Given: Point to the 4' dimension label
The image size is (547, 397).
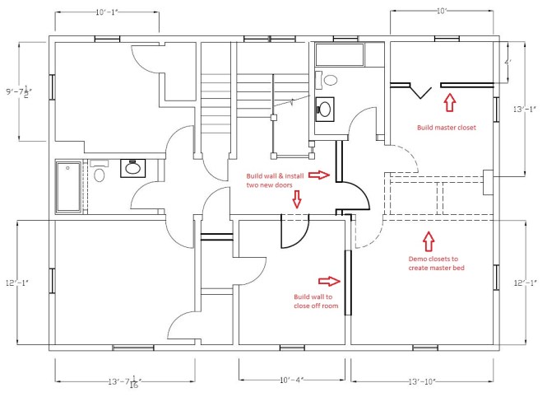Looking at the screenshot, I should (x=508, y=62).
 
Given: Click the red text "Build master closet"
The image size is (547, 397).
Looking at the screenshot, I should (x=447, y=128).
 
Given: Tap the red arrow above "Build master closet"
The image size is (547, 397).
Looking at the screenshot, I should (x=448, y=102).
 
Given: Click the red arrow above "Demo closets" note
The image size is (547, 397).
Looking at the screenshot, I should (x=427, y=241).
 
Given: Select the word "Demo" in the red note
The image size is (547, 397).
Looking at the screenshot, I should (x=419, y=259).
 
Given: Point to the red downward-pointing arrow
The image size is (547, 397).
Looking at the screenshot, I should (x=297, y=198).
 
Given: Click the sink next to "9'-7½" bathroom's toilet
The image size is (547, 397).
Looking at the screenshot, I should (x=132, y=169).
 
